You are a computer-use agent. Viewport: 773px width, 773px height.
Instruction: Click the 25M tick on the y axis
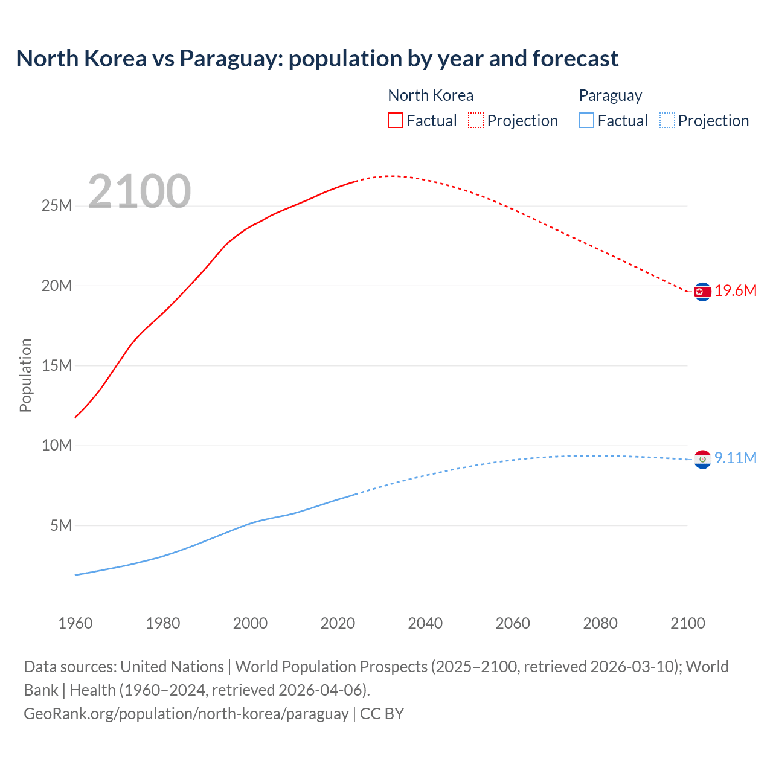pos(57,206)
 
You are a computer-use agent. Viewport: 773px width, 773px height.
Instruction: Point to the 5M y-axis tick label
pos(61,525)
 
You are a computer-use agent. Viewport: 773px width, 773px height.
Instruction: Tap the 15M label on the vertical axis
pos(57,365)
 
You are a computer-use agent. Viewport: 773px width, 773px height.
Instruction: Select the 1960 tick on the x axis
pos(75,623)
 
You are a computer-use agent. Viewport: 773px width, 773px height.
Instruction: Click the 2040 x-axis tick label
pos(425,623)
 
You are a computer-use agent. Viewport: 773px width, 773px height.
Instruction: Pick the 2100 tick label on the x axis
pos(687,623)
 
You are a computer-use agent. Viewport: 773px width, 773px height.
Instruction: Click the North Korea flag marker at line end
pos(702,292)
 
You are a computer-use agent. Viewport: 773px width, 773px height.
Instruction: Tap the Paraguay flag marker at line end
pos(702,460)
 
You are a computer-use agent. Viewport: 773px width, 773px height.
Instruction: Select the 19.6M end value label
pos(736,291)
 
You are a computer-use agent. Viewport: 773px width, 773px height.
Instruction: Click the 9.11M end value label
pos(736,458)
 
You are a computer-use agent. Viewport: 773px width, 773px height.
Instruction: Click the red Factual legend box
pos(395,120)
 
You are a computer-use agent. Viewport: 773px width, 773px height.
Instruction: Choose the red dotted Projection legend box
pos(476,120)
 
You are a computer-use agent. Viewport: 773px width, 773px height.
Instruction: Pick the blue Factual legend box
pos(586,120)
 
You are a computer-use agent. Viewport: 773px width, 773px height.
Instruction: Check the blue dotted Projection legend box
pos(667,120)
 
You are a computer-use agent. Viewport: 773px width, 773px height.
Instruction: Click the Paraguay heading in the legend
pos(610,95)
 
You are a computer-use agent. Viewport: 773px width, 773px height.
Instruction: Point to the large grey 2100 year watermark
pos(140,191)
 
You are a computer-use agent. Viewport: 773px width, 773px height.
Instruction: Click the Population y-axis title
pos(25,375)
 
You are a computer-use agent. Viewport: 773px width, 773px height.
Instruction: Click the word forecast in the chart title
pos(575,59)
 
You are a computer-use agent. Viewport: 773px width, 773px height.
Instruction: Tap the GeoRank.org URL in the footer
pos(186,714)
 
